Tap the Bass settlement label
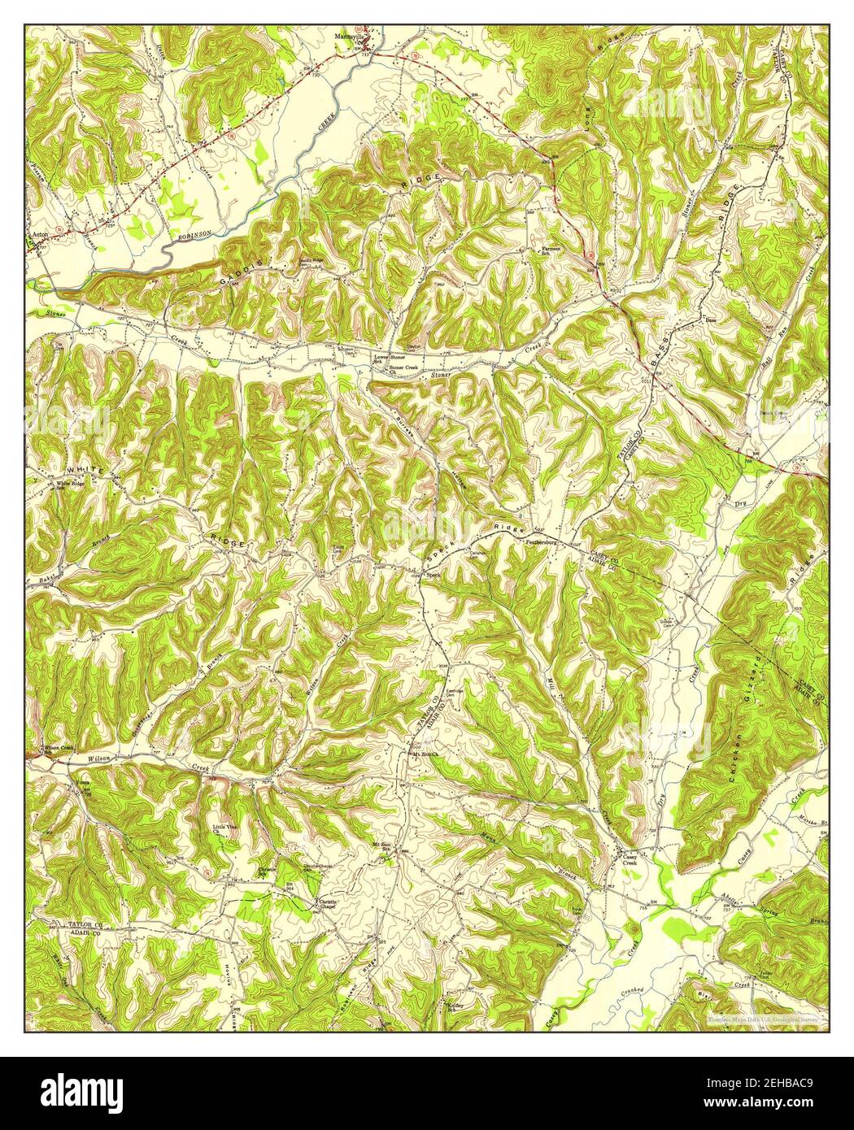tap(710, 322)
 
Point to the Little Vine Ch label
tap(222, 830)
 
